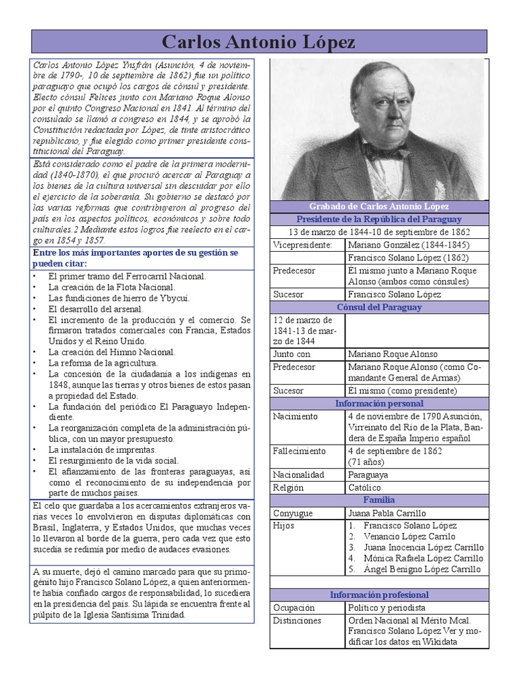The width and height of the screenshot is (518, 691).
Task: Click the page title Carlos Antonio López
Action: click(259, 42)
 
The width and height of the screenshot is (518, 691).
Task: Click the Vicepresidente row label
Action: click(303, 245)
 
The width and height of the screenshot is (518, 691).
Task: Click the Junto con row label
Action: click(292, 354)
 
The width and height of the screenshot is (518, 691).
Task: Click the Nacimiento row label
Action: click(295, 416)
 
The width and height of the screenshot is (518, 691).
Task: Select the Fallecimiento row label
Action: click(299, 451)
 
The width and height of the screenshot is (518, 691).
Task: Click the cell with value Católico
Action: click(365, 487)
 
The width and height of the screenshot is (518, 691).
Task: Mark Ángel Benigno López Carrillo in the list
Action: click(422, 569)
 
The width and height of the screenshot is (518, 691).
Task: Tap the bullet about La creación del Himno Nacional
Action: click(111, 352)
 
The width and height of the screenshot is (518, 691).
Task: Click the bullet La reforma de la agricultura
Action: click(103, 363)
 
